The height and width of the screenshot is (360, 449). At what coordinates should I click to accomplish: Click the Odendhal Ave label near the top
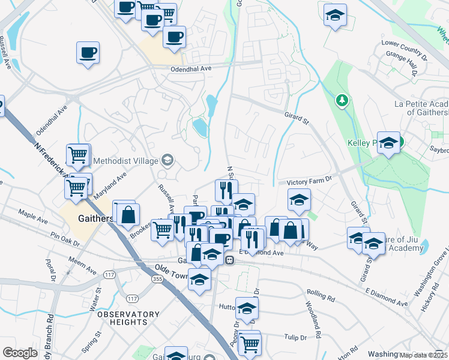pos(189,69)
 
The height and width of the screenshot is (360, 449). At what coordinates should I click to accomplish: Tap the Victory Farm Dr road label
pos(309,182)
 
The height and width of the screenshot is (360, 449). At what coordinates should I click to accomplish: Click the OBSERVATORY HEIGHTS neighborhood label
pos(128,319)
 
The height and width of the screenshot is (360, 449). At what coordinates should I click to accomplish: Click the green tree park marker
pos(342,100)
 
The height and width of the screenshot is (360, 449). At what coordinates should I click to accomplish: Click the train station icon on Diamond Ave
pos(229,260)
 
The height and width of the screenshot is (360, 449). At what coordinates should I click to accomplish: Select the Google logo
pos(20,353)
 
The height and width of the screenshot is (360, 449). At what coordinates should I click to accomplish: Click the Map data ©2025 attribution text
pos(423,355)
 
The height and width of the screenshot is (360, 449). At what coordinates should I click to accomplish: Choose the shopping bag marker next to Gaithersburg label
pos(128,214)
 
